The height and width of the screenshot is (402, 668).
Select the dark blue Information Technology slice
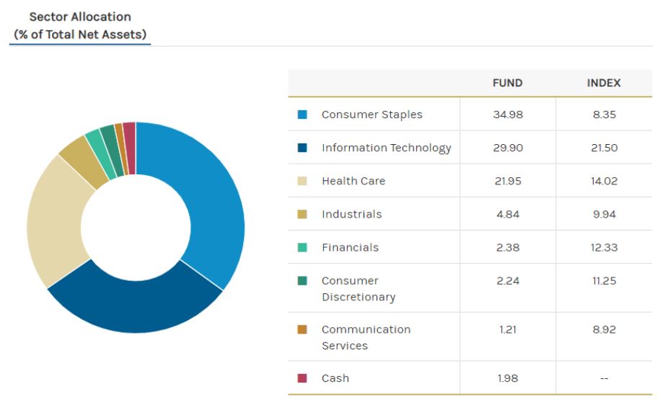point(137,303)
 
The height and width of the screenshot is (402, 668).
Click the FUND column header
point(507,83)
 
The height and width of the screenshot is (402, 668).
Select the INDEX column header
point(604,83)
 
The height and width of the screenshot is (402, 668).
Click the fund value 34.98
point(507,115)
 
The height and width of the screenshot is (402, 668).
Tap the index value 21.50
point(604,148)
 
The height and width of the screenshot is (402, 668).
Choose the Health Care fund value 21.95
point(507,181)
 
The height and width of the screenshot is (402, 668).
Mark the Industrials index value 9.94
point(604,214)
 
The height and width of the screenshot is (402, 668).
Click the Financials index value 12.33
point(604,247)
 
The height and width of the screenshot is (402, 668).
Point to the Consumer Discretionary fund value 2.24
point(507,280)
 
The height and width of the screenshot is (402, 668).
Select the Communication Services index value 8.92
point(604,329)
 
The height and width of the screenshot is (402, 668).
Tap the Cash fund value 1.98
point(507,378)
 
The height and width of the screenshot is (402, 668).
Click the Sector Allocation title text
point(80,17)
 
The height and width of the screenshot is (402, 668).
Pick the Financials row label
point(350,247)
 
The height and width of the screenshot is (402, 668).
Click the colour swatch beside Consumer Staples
point(302,115)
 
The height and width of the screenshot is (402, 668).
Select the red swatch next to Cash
point(302,378)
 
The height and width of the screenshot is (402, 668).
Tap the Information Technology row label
point(386,148)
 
